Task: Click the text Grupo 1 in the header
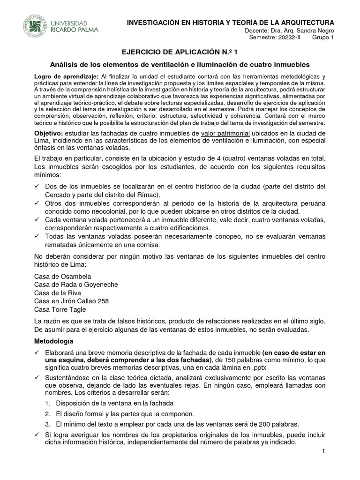[323, 38]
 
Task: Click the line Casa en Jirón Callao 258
[72, 301]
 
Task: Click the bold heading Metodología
[54, 341]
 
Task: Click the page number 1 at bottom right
[323, 451]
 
